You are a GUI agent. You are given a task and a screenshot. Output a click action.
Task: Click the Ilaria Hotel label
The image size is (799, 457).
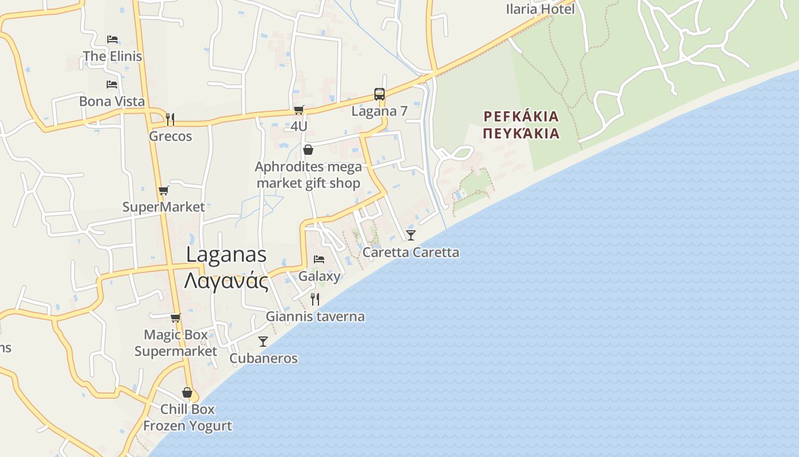[540, 9]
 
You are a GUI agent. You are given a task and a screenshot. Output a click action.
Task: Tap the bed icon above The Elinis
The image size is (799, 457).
[112, 39]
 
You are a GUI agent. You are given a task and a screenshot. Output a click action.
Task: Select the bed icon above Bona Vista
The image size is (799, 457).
[112, 85]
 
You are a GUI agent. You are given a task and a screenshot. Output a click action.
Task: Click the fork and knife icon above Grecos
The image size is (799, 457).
[170, 119]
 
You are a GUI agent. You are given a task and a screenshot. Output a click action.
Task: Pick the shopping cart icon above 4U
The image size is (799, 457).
[298, 110]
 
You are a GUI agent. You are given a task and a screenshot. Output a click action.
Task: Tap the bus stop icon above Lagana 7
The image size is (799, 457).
[379, 94]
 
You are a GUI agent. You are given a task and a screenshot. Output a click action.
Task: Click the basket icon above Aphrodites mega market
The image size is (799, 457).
[308, 150]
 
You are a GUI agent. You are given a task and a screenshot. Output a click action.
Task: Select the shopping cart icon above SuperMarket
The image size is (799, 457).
[164, 191]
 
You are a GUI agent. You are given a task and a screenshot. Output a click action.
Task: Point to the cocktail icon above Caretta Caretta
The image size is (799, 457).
[411, 235]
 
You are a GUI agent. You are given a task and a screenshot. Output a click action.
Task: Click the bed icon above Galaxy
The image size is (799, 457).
[319, 259]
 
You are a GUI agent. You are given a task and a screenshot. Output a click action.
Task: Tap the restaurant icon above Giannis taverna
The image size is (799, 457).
[314, 299]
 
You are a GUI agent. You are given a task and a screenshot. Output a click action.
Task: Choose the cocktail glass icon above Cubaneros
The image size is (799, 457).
[263, 342]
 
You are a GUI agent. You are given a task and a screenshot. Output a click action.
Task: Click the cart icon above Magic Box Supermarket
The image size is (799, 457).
[175, 318]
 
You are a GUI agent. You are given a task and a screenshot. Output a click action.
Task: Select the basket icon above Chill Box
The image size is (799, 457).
[187, 392]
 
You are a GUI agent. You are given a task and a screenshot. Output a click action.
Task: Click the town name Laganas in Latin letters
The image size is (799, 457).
[227, 255]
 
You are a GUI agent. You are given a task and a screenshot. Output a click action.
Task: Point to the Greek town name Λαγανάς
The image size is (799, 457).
[227, 280]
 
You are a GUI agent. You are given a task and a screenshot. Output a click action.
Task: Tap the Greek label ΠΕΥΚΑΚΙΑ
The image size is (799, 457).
[520, 134]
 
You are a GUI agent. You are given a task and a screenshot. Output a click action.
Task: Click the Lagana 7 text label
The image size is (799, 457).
[379, 111]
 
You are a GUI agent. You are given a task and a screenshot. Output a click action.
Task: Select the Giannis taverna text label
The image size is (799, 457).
[315, 316]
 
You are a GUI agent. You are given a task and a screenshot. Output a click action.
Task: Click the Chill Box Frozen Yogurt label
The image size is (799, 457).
[187, 418]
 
